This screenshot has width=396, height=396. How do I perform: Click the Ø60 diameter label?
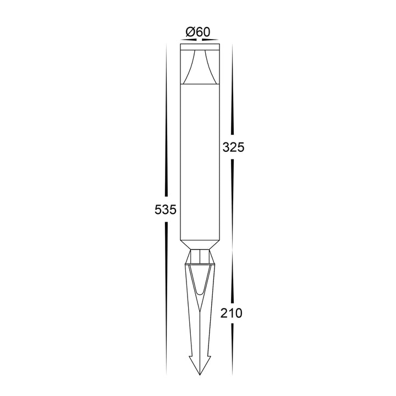pyautogui.click(x=198, y=32)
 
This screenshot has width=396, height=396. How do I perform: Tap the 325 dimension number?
pyautogui.click(x=233, y=147)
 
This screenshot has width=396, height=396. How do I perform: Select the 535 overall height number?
pyautogui.click(x=166, y=210)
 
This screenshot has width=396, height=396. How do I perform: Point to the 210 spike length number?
pyautogui.click(x=232, y=313)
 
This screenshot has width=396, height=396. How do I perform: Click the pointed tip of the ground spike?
pyautogui.click(x=200, y=375)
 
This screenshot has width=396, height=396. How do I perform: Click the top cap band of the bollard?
pyautogui.click(x=200, y=47)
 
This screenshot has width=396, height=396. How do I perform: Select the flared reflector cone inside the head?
pyautogui.click(x=200, y=67)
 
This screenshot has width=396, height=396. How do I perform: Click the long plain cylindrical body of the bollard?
pyautogui.click(x=200, y=162)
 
